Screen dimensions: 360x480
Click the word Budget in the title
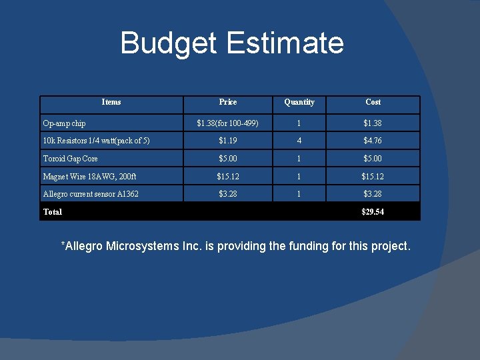coord(169,43)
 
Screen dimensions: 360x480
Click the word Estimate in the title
coord(285,43)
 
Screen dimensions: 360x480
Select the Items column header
coord(111,102)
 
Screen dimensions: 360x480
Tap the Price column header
coord(227,102)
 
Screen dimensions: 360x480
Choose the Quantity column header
coord(299,102)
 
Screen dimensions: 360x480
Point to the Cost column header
coord(373,102)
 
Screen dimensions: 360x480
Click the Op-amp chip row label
coord(64,123)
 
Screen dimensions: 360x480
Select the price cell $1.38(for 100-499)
coord(227,123)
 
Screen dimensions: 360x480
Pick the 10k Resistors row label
coord(96,141)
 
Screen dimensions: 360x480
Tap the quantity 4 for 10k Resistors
coord(299,141)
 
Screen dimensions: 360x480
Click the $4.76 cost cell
coord(373,141)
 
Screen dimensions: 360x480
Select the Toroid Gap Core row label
coord(70,159)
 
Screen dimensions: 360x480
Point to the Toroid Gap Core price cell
coord(227,159)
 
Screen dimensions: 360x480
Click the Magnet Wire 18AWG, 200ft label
coord(89,177)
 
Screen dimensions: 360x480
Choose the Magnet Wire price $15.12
coord(227,177)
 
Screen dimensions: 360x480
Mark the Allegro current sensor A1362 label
coord(91,194)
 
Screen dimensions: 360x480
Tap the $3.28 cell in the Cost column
coord(373,194)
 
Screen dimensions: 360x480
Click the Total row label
coord(53,212)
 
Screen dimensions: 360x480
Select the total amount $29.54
coord(373,212)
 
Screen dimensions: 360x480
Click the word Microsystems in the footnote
coord(142,247)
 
